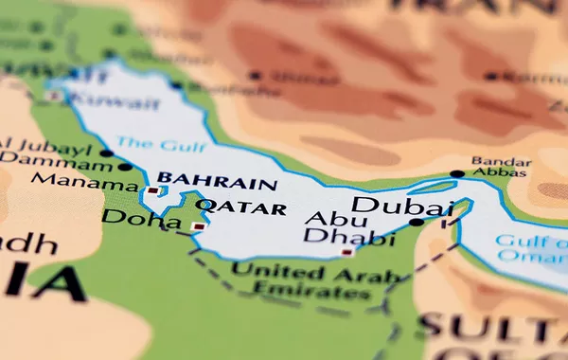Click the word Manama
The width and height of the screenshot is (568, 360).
click(93, 183)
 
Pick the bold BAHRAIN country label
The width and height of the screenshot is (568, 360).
click(217, 182)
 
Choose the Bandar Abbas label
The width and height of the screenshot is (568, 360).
click(503, 167)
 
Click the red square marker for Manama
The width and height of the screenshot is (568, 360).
click(151, 190)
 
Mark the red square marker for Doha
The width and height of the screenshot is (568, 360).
click(197, 226)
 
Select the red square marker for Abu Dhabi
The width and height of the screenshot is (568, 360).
click(347, 252)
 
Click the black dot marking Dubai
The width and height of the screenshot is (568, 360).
click(417, 223)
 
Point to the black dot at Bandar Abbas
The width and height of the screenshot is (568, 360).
click(457, 173)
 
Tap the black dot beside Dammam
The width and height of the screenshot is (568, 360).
click(125, 167)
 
